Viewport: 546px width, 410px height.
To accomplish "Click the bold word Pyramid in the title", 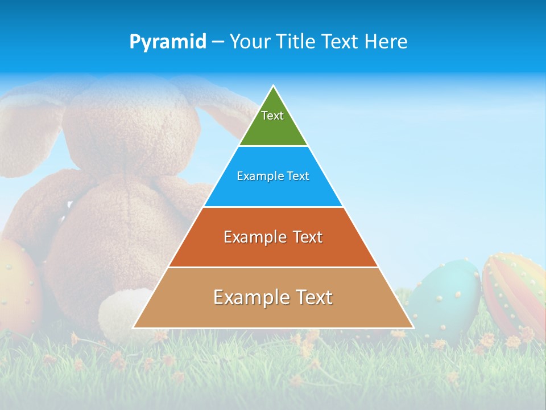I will [x=168, y=42].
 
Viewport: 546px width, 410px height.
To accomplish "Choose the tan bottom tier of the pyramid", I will [x=273, y=313].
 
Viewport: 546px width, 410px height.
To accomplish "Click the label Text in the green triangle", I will [x=272, y=116].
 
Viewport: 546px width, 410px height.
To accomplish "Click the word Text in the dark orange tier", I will [x=304, y=237].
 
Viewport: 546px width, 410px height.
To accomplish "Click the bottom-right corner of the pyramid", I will [x=413, y=328].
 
